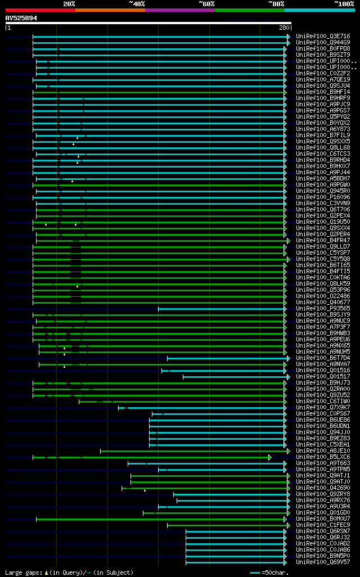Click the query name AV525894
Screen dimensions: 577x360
[x=21, y=18]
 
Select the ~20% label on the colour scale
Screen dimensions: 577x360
[x=69, y=4]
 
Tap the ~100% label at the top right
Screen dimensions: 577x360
[x=344, y=4]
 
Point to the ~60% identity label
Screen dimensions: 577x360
[x=206, y=4]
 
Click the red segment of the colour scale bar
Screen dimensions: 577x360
[x=40, y=10]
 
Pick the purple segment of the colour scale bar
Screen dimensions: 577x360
[x=179, y=10]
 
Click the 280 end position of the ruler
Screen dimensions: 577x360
[x=283, y=28]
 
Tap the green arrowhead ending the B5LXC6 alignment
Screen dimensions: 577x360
[x=270, y=457]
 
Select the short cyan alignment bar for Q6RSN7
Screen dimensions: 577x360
[x=236, y=531]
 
